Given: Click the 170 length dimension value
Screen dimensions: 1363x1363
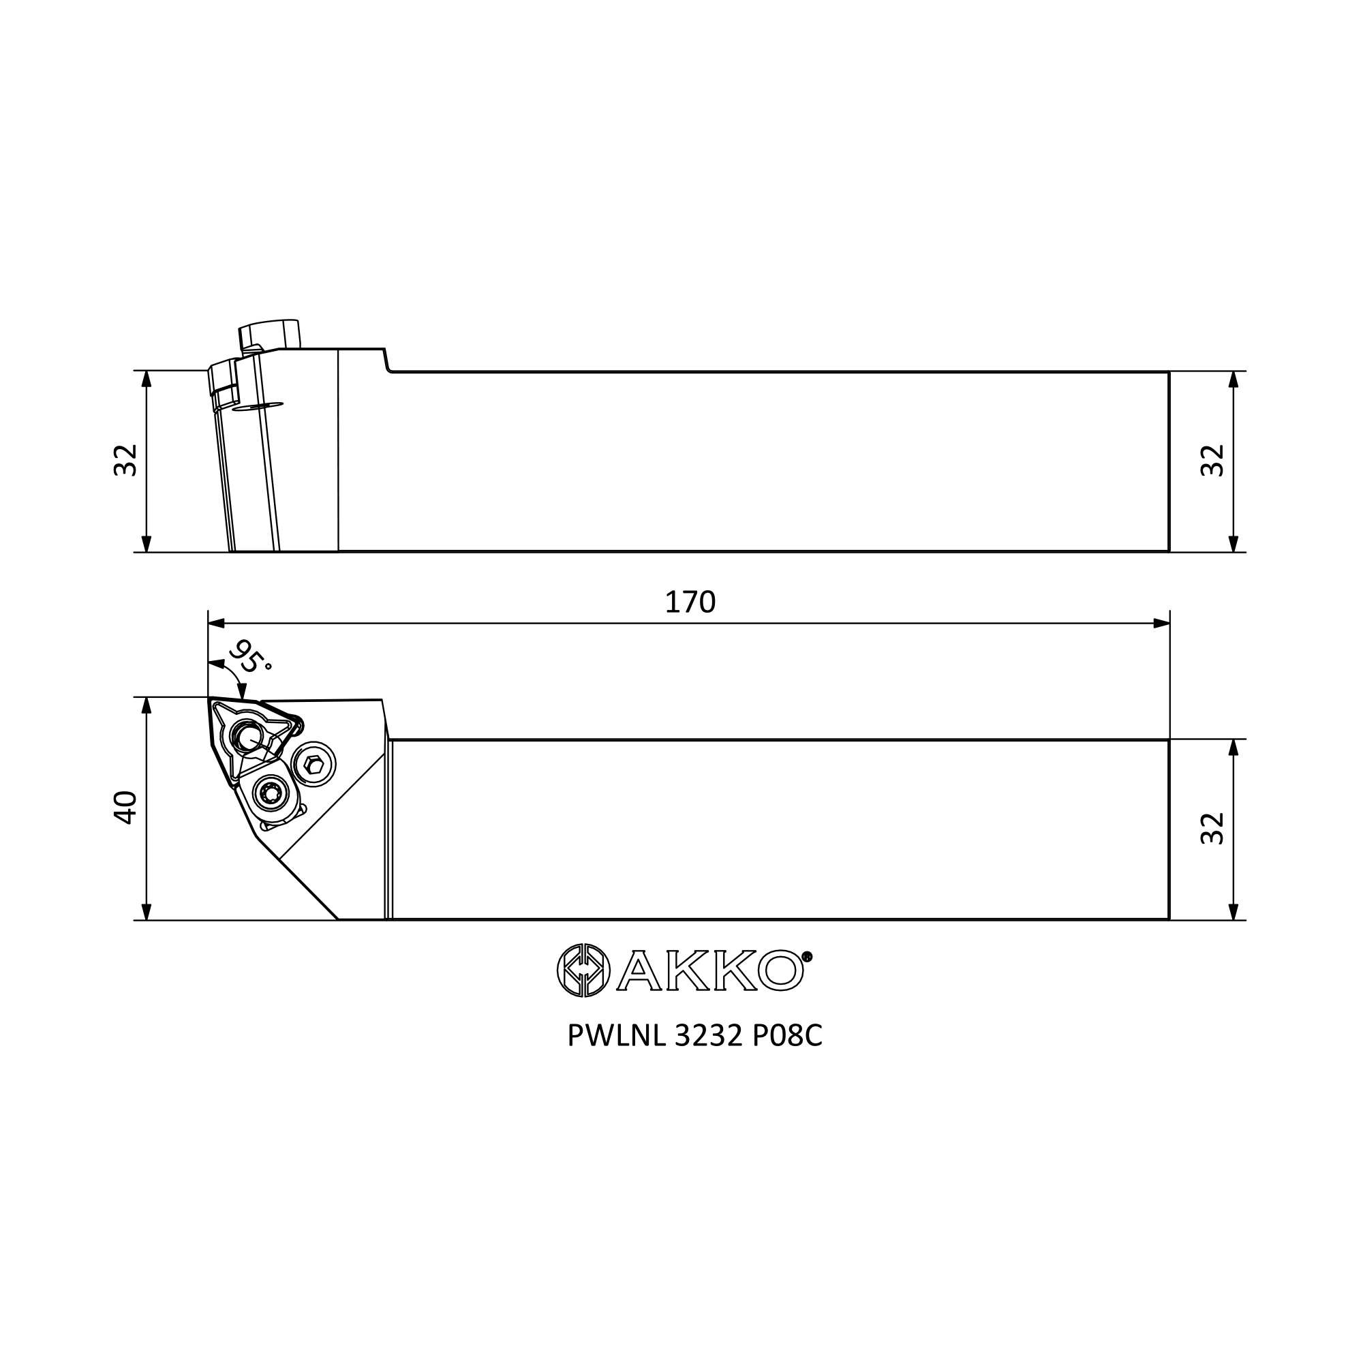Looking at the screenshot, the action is coord(690,602).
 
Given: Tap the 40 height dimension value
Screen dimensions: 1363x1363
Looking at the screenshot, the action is coord(125,808).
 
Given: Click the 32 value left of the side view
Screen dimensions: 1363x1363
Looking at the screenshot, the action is coord(125,460).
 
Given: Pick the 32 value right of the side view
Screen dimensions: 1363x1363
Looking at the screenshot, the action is coord(1212,460).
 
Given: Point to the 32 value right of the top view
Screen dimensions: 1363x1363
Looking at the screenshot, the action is coord(1212,828).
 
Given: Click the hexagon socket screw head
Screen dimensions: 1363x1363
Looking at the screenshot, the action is coord(316,763).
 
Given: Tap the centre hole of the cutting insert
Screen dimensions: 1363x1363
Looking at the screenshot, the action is coord(247,738).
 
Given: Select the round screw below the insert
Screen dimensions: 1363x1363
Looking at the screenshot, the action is coord(271,795).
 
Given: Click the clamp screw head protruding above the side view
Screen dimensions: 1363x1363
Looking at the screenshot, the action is coord(270,334).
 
